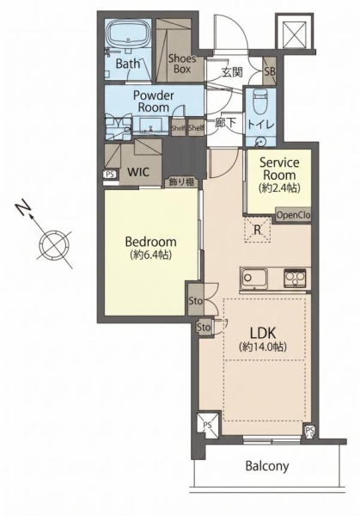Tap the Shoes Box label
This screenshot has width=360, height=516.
pos(182,64)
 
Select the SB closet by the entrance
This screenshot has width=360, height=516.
pos(270,71)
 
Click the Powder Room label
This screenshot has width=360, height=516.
pos(153,101)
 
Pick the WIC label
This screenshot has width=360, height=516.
pos(138,172)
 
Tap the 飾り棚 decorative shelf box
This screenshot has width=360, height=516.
pos(182,182)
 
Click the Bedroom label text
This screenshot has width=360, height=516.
pos(151,242)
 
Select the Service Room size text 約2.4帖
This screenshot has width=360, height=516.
pos(279,187)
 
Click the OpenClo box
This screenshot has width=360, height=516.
pos(293,215)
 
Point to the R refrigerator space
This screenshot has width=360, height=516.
pos(258,230)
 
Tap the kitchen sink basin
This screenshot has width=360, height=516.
pos(253,279)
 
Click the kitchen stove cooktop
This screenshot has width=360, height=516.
pos(295,279)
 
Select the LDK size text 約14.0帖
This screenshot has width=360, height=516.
pos(263,347)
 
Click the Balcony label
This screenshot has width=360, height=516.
pos(267,466)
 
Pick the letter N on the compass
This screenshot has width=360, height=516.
pos(23,208)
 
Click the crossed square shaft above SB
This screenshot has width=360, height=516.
pos(295,33)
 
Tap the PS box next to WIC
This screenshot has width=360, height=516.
pos(110,175)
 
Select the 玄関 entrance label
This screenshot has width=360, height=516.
pos(233,72)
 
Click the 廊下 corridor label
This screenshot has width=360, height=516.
pos(225,123)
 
